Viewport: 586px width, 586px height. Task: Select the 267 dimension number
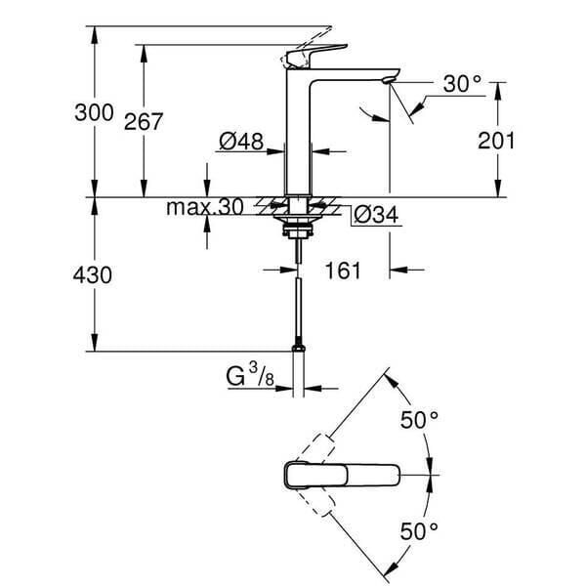144,121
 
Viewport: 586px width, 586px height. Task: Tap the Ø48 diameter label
241,143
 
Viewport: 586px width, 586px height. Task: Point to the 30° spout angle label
463,85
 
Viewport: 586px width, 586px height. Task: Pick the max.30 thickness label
204,208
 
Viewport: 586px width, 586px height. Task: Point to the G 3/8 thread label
249,375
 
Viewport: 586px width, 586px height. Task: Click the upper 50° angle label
421,420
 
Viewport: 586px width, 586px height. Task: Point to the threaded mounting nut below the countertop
296,232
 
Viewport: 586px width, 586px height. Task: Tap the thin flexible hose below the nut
296,303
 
